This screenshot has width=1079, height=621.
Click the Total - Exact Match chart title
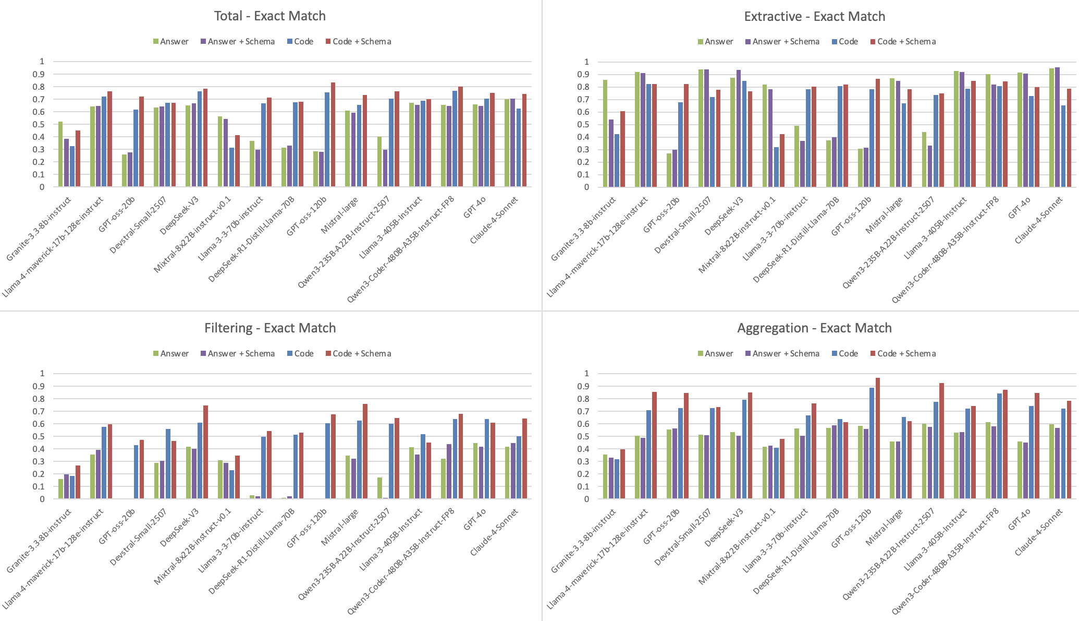coord(269,16)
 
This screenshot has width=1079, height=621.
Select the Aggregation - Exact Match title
coord(814,328)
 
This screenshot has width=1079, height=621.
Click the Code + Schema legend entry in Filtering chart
coord(358,354)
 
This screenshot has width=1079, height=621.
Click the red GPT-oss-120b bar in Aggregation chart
coord(877,438)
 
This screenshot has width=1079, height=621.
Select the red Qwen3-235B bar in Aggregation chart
coord(941,441)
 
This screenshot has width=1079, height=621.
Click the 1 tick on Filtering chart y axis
coord(42,374)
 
